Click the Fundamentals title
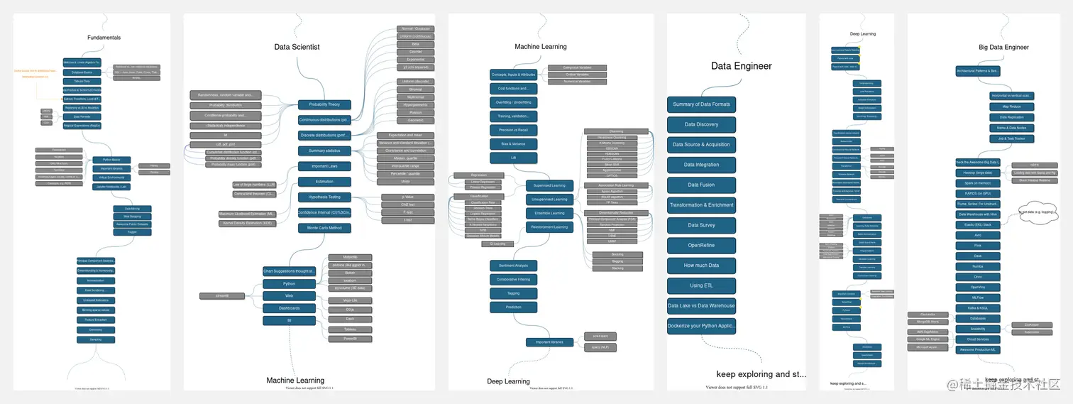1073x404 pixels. tap(104, 38)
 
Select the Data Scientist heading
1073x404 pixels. tap(297, 47)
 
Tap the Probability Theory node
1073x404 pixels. tap(324, 105)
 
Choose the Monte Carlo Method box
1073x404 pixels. tap(324, 228)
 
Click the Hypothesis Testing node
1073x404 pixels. tap(324, 197)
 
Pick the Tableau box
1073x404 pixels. tap(350, 329)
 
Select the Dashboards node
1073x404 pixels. tap(289, 308)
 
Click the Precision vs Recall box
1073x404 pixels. tap(514, 130)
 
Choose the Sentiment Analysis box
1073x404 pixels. tap(514, 266)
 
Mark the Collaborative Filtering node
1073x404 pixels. tap(514, 279)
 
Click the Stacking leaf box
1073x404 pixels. tap(617, 268)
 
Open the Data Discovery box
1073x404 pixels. tap(701, 124)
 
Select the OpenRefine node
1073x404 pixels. tap(701, 246)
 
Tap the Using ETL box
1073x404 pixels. tap(701, 285)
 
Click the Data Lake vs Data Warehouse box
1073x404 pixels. tap(701, 306)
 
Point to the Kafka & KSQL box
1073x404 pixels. tap(977, 308)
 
